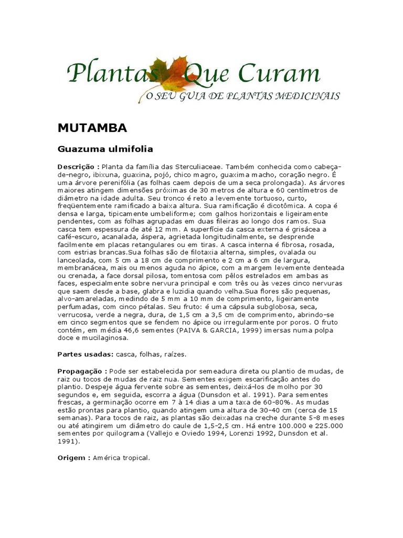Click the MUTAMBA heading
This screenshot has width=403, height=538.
pyautogui.click(x=92, y=128)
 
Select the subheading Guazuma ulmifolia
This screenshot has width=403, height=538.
pyautogui.click(x=105, y=149)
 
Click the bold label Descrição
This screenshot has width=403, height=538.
pyautogui.click(x=78, y=166)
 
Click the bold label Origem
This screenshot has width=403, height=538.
pyautogui.click(x=73, y=458)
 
